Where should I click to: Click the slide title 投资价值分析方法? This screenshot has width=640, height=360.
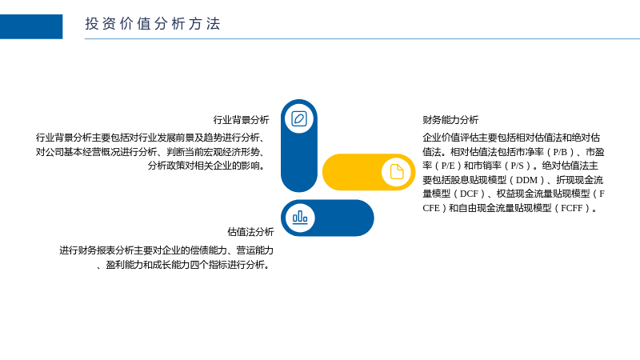[153, 24]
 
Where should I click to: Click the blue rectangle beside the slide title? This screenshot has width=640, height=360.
[31, 26]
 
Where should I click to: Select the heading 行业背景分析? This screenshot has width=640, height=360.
[242, 119]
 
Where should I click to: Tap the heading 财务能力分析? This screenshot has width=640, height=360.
[450, 119]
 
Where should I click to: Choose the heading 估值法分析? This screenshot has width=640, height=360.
[250, 232]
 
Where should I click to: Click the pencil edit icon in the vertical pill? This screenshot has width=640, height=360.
[299, 118]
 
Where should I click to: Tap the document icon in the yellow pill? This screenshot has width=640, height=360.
[396, 172]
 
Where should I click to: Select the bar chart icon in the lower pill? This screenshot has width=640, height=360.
[300, 218]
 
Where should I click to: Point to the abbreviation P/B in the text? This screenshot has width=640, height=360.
[560, 152]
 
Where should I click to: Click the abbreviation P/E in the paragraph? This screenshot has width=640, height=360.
[448, 166]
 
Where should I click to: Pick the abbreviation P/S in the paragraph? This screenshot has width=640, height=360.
[517, 166]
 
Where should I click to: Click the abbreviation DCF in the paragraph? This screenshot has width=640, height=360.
[470, 194]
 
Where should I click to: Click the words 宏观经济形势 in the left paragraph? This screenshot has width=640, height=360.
[232, 152]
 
